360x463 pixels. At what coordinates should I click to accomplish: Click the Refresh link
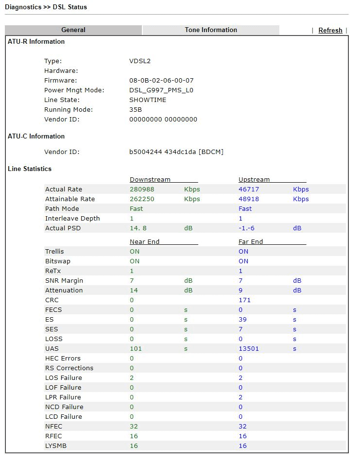pos(330,30)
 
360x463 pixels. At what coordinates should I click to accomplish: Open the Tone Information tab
pos(211,30)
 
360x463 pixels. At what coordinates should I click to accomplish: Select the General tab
pos(73,30)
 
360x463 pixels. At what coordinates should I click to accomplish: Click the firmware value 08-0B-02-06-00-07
pos(161,81)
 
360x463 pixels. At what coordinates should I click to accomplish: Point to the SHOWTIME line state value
pos(148,100)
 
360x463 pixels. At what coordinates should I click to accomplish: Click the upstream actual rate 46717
pos(249,189)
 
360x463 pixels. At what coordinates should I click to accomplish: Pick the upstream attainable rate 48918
pos(249,199)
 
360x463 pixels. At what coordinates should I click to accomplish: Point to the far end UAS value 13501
pos(249,349)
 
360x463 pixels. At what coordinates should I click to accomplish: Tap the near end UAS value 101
pos(136,349)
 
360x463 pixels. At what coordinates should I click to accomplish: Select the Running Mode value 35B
pos(136,110)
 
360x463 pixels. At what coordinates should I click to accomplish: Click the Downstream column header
pos(150,180)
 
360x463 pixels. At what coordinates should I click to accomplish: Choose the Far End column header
pos(251,242)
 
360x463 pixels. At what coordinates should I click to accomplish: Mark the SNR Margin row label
pos(64,281)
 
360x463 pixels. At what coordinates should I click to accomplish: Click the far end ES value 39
pos(242,320)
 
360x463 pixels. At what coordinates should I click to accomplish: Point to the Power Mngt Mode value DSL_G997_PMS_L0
pos(161,90)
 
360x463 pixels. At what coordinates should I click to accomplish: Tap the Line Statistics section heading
pos(30,169)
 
